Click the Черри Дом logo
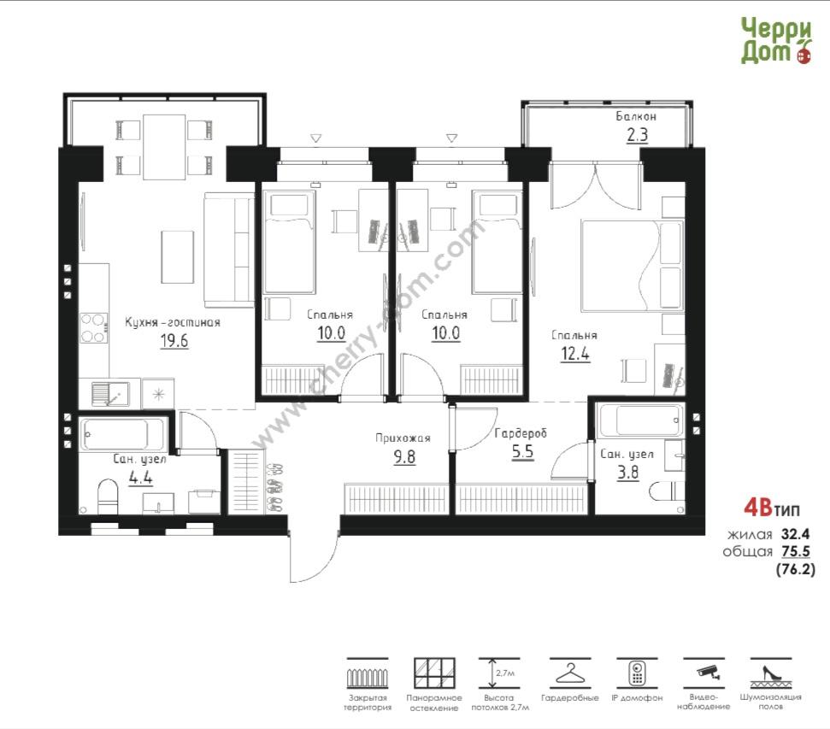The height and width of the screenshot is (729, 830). pos(776,41)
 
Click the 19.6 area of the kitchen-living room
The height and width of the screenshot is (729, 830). pos(174,340)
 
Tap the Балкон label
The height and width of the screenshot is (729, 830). pos(636,116)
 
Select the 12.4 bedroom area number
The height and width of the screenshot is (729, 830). pos(575,353)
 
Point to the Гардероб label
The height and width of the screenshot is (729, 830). pos(521,433)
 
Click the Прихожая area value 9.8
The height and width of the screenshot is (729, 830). pos(404,456)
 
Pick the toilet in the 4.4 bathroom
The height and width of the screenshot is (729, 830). pos(108,497)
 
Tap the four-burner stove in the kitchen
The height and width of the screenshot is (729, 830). pos(94,328)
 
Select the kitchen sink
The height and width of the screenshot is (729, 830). pos(110,394)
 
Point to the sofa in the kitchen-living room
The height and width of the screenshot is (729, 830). pos(229,250)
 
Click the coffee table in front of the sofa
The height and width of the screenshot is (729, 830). pos(177,256)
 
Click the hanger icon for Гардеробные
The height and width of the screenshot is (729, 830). pos(569,674)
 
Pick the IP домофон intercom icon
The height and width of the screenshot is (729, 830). pos(637,673)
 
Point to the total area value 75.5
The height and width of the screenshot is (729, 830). pos(796,551)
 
